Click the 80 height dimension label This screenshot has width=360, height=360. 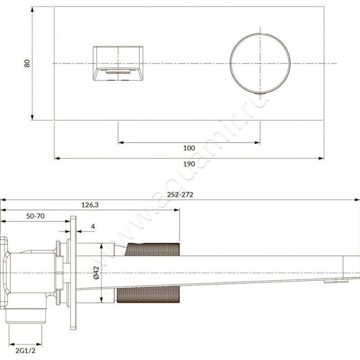[27, 63]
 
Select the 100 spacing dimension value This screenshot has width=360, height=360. [189, 148]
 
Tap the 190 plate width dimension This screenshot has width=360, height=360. [189, 164]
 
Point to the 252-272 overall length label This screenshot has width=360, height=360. [180, 195]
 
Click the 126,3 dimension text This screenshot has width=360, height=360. [90, 205]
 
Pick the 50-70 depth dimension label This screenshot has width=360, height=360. [36, 216]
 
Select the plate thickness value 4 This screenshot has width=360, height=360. [93, 227]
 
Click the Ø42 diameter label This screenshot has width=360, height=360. [96, 273]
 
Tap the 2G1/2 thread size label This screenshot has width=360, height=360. [26, 351]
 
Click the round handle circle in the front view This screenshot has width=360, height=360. [230, 63]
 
